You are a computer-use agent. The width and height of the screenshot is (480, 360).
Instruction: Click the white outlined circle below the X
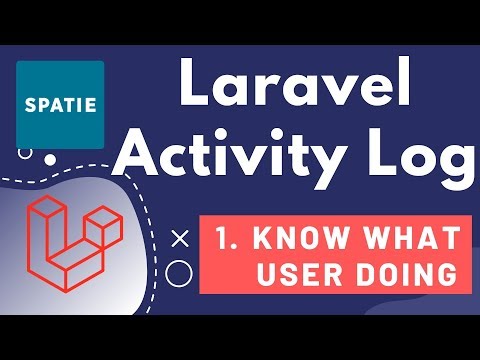(x=180, y=272)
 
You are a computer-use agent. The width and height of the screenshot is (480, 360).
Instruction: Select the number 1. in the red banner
(x=226, y=239)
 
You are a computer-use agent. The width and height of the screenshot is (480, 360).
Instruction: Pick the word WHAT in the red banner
(x=406, y=239)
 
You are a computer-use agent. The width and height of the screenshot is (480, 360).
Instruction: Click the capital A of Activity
(x=153, y=158)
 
